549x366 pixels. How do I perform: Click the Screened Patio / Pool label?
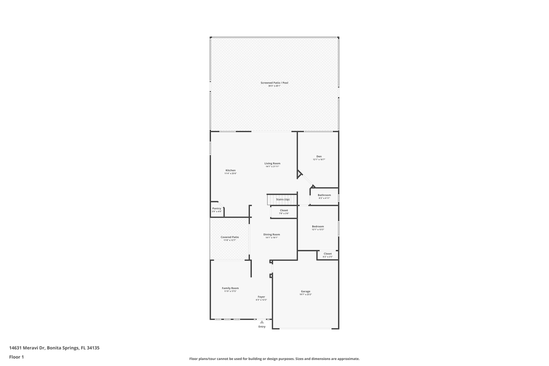point(274,83)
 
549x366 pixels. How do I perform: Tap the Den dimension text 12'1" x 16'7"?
point(319,160)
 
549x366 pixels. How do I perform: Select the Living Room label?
point(272,163)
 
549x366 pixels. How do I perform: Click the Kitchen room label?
point(230,170)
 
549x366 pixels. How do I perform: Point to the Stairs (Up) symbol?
point(282,199)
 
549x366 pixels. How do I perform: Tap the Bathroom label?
point(324,195)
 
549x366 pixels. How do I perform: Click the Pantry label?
point(217,208)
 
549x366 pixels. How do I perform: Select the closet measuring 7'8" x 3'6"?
point(284,212)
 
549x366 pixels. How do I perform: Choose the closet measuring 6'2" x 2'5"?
point(327,255)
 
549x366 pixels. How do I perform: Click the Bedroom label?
point(318,226)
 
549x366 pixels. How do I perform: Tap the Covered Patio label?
point(229,237)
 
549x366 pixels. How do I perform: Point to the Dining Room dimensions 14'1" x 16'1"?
point(271,238)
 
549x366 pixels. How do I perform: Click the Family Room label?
point(230,288)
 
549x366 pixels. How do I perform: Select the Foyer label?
point(261,297)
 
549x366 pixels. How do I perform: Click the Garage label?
point(305,291)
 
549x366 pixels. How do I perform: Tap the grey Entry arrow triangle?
point(262,322)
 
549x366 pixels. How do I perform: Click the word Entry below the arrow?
point(262,327)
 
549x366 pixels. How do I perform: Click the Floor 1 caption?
point(16,357)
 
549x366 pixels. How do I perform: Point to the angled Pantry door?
point(221,204)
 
